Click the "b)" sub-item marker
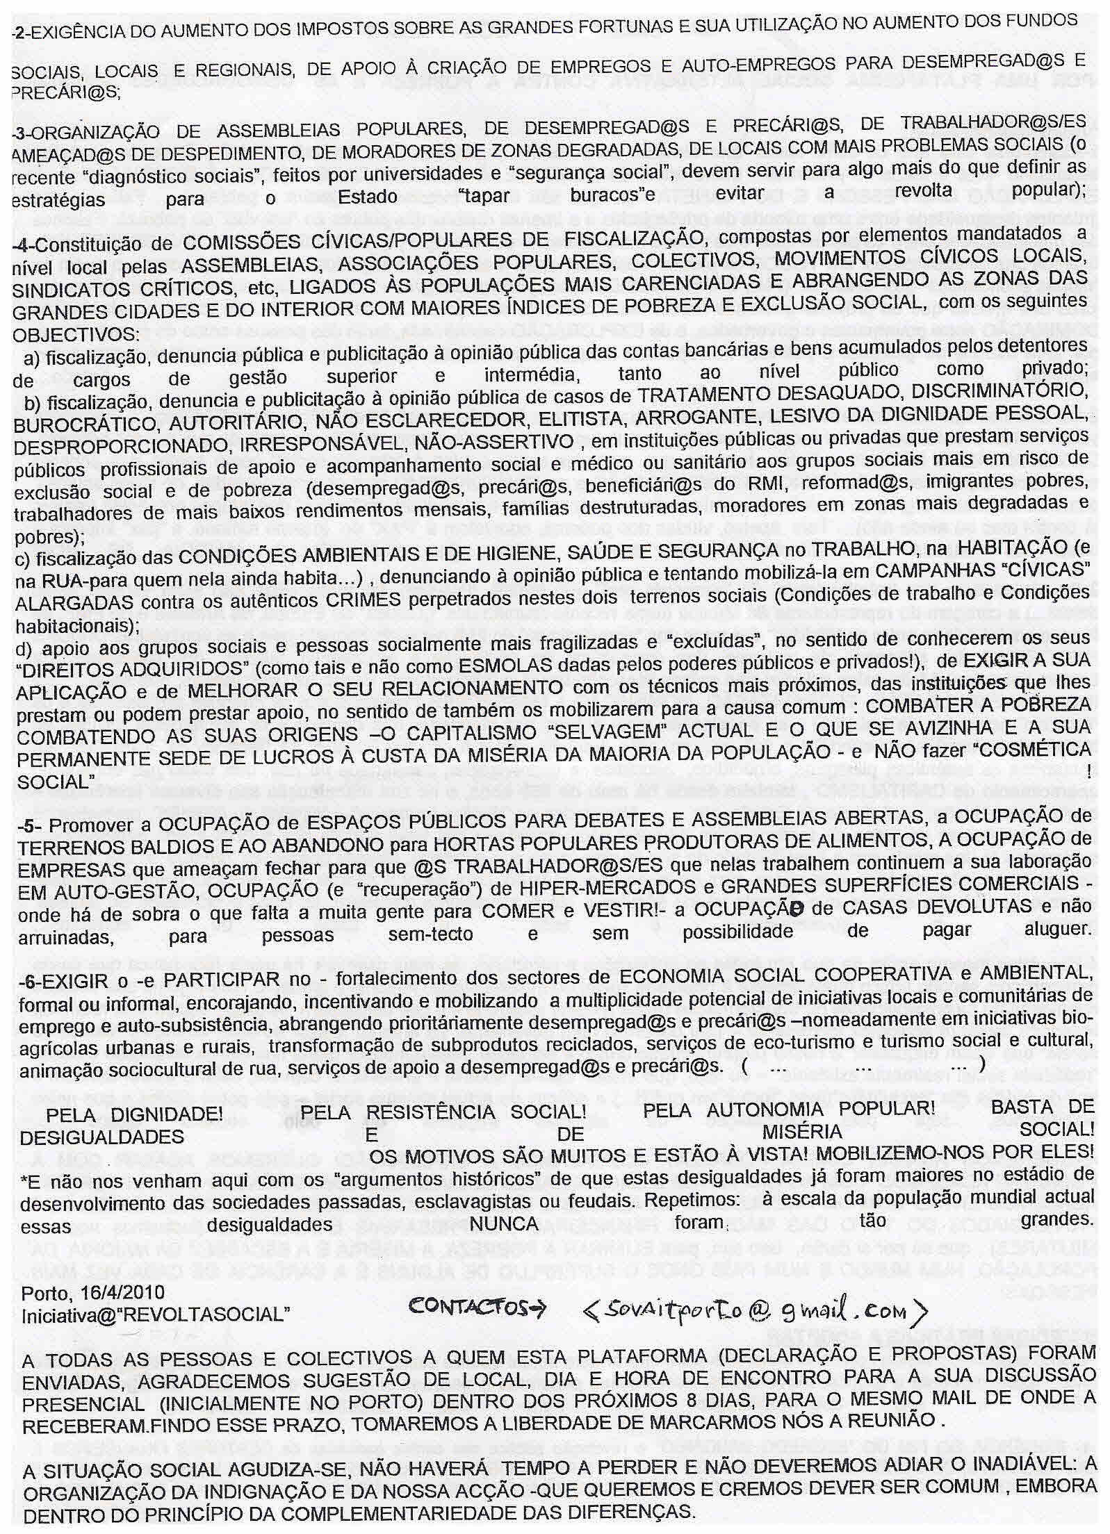tap(33, 404)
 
